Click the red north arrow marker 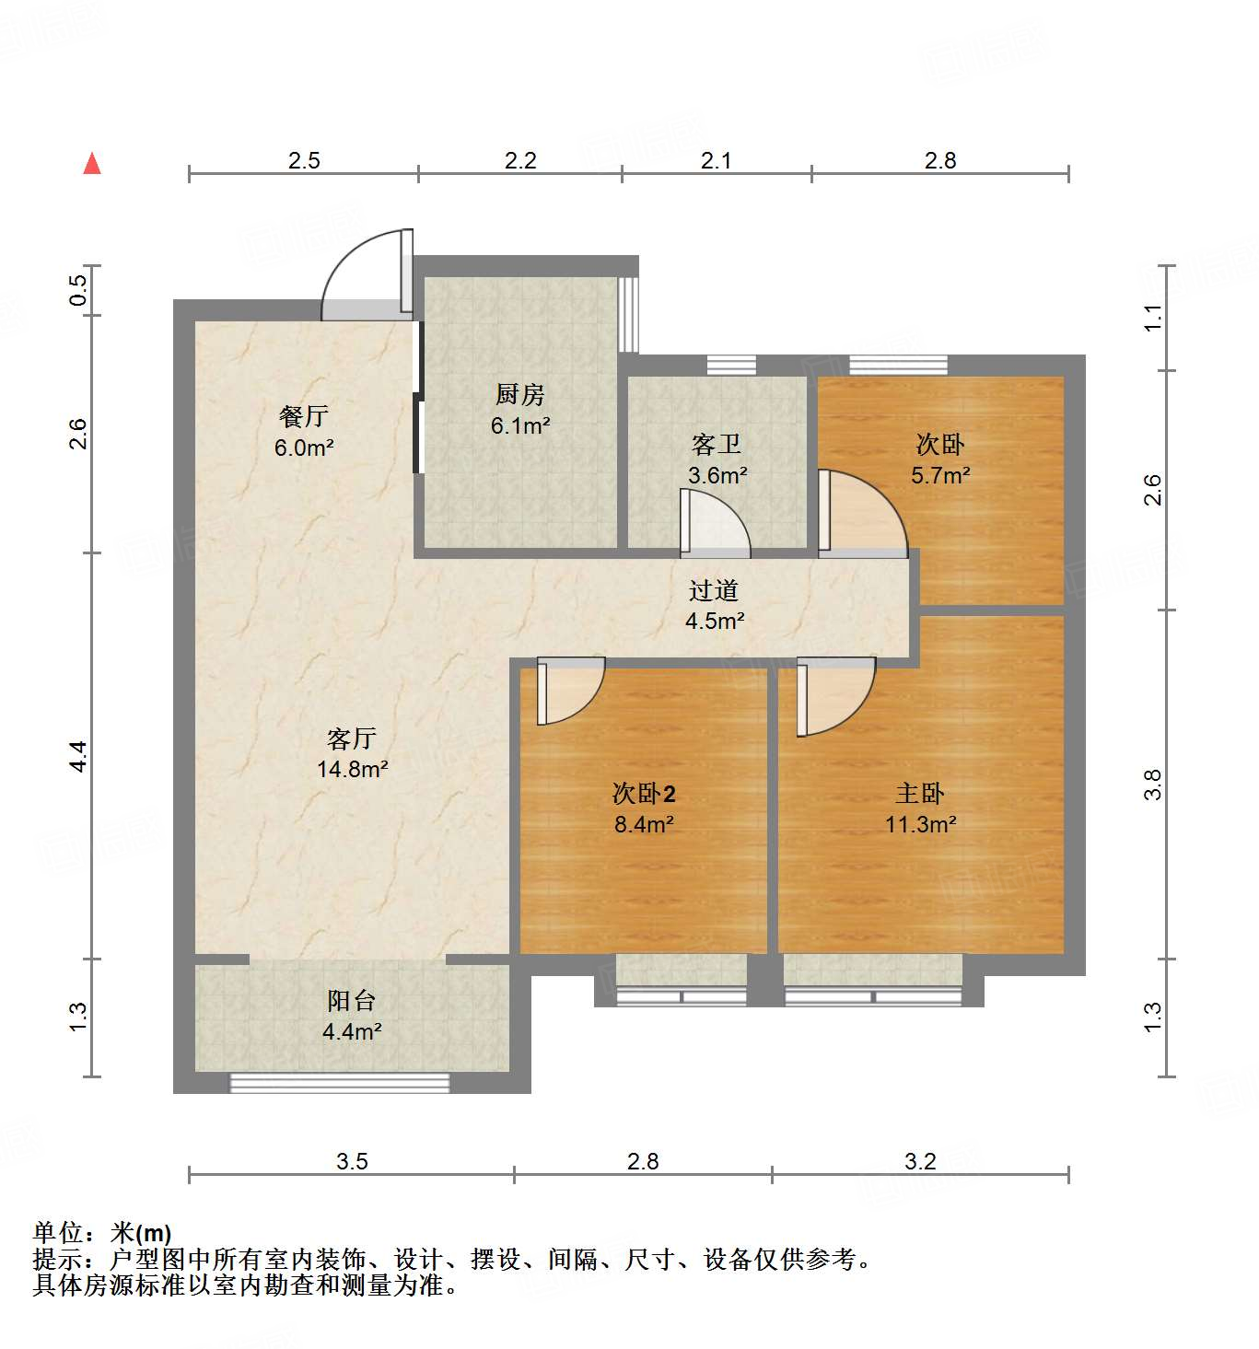tap(92, 164)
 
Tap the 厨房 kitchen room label tap(519, 395)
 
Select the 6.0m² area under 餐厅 tap(303, 448)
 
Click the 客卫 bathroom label tap(717, 445)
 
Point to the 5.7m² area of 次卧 tap(939, 476)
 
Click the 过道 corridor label tap(714, 590)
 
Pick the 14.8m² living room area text tap(352, 769)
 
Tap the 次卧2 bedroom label tap(644, 794)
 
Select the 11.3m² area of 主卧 tap(920, 824)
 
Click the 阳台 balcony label tap(351, 1001)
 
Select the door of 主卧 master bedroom tap(833, 694)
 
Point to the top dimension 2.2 tap(520, 161)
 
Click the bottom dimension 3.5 tap(352, 1161)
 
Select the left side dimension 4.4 tap(79, 756)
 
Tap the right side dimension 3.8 tap(1152, 785)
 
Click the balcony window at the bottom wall tap(339, 1083)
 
